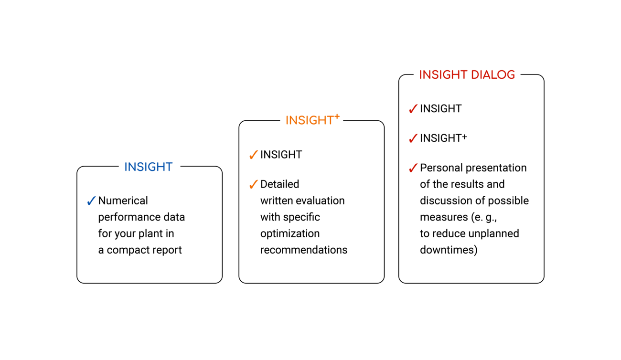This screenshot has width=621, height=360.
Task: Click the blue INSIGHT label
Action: [149, 167]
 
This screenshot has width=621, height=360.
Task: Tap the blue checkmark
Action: [92, 201]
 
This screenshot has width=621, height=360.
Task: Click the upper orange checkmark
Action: [254, 155]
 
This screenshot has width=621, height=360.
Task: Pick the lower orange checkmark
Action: [254, 184]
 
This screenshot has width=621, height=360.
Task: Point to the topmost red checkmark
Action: [413, 109]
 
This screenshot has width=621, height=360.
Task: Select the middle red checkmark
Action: [413, 138]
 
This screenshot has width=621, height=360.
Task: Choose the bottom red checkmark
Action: [413, 168]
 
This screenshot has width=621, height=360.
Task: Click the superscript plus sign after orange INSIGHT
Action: [337, 116]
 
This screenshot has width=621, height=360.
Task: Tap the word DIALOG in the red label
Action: [493, 75]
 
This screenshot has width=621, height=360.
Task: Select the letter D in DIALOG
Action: [475, 75]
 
